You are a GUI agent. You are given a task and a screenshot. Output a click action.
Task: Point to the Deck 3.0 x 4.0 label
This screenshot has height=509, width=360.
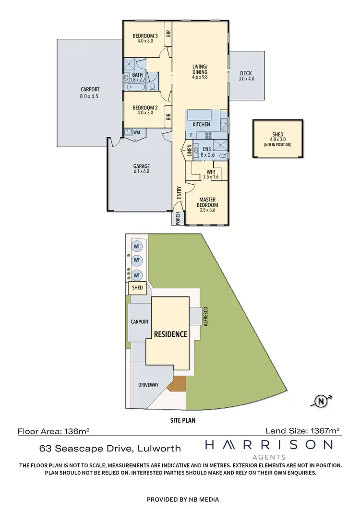click(246, 76)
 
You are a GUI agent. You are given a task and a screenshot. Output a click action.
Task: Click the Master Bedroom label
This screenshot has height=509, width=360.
click(207, 202)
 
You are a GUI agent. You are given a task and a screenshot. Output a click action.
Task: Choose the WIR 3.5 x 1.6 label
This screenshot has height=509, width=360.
click(210, 174)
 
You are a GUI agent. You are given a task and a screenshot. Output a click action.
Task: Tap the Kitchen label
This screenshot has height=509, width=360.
click(202, 124)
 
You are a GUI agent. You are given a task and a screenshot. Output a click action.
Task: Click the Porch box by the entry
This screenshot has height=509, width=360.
click(178, 218)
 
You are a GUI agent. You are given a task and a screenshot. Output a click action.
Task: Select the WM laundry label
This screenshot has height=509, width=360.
click(136, 132)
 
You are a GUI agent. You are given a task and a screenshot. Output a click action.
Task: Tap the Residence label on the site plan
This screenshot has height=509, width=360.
click(170, 334)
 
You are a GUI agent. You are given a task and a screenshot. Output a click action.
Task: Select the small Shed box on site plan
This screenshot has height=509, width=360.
click(137, 288)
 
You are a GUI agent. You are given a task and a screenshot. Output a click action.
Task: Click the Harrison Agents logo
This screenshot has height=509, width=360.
click(269, 449)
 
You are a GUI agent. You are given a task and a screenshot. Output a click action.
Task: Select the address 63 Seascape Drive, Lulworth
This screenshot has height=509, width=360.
click(110, 449)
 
